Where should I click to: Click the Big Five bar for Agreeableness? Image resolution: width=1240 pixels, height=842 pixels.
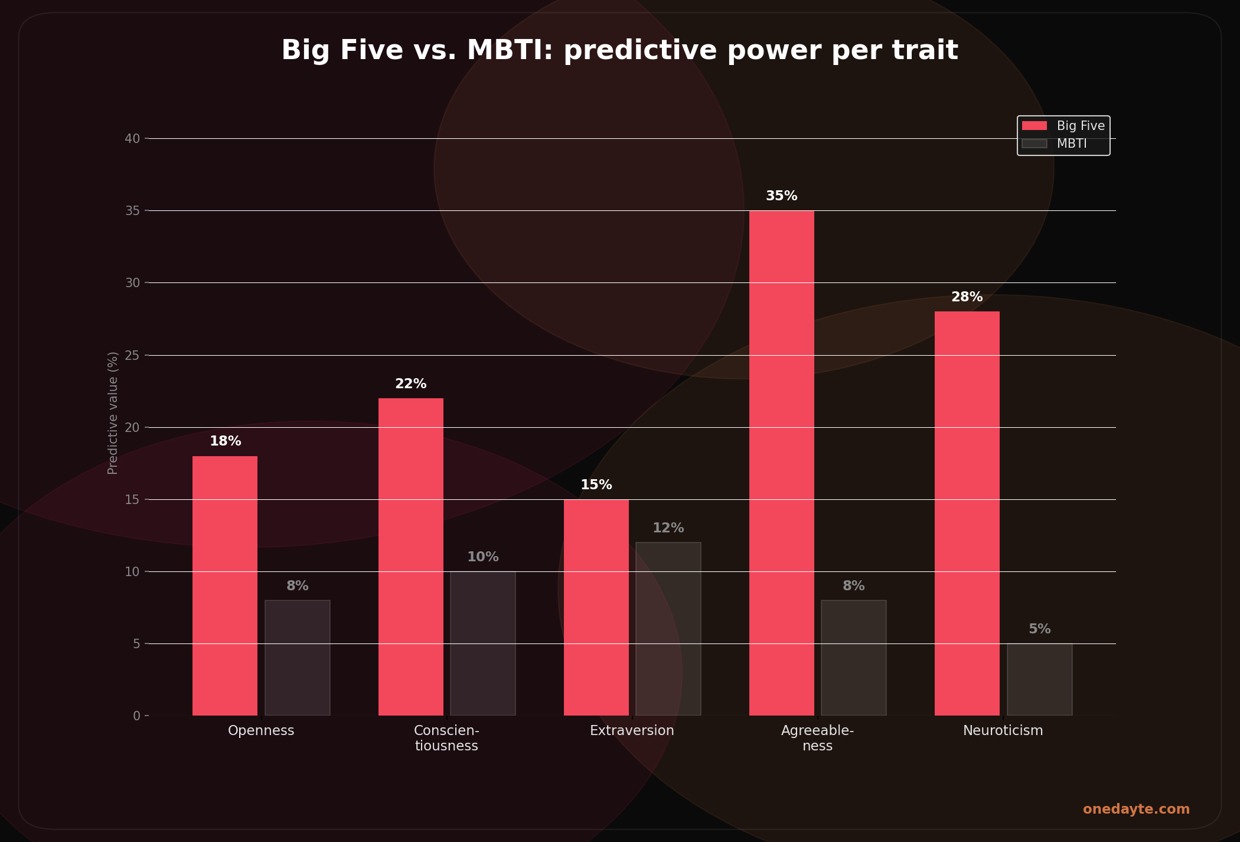781,463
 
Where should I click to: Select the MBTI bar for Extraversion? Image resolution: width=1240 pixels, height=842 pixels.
668,629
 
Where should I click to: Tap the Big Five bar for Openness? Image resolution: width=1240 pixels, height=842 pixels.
225,586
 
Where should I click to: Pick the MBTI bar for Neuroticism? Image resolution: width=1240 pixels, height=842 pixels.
1039,680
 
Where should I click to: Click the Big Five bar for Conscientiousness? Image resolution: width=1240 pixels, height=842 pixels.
410,557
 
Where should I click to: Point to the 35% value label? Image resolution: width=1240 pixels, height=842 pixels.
781,196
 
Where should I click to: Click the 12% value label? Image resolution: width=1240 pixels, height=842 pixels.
668,528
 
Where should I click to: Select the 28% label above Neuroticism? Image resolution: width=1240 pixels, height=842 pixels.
967,297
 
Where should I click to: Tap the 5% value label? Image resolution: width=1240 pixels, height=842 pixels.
1039,629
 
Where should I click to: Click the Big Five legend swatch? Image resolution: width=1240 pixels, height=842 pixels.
1034,126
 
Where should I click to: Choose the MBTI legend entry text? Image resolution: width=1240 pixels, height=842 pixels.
1071,144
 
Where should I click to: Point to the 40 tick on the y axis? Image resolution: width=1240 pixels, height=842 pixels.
132,139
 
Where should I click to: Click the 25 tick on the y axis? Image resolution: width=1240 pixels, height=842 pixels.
132,355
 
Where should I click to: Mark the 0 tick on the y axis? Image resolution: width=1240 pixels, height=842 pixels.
136,716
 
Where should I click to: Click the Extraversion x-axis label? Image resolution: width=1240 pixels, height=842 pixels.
632,731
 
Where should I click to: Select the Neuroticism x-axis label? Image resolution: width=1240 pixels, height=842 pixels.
1003,731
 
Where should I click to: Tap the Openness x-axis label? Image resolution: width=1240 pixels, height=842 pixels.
261,731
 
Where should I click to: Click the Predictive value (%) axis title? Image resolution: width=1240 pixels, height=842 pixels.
113,413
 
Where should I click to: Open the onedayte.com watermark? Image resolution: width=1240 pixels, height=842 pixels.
1135,810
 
